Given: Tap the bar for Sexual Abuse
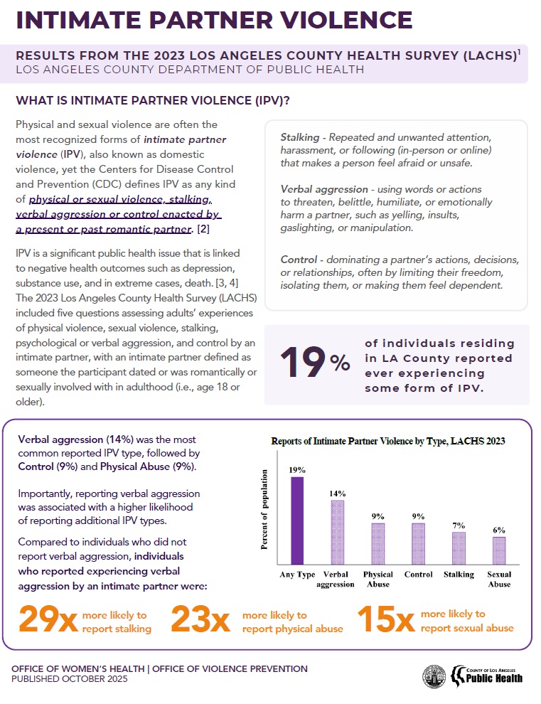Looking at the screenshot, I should (499, 550).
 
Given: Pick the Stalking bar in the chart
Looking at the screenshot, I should (459, 548).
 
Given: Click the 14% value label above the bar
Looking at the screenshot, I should (337, 494).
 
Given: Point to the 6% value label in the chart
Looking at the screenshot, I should (499, 530).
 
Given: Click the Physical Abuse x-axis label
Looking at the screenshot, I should (377, 579).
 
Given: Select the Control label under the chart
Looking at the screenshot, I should (418, 575).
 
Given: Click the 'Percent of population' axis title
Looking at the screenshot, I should (264, 510).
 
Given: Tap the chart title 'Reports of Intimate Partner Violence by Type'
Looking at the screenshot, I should (388, 441).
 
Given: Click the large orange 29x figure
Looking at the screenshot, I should (48, 620).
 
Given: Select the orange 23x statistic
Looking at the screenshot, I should (200, 620).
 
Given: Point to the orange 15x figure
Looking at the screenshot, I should (385, 620).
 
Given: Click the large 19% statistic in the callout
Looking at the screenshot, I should (314, 363).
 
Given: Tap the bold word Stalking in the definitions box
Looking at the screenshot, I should (299, 137).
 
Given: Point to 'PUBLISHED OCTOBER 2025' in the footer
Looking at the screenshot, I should (70, 680).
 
